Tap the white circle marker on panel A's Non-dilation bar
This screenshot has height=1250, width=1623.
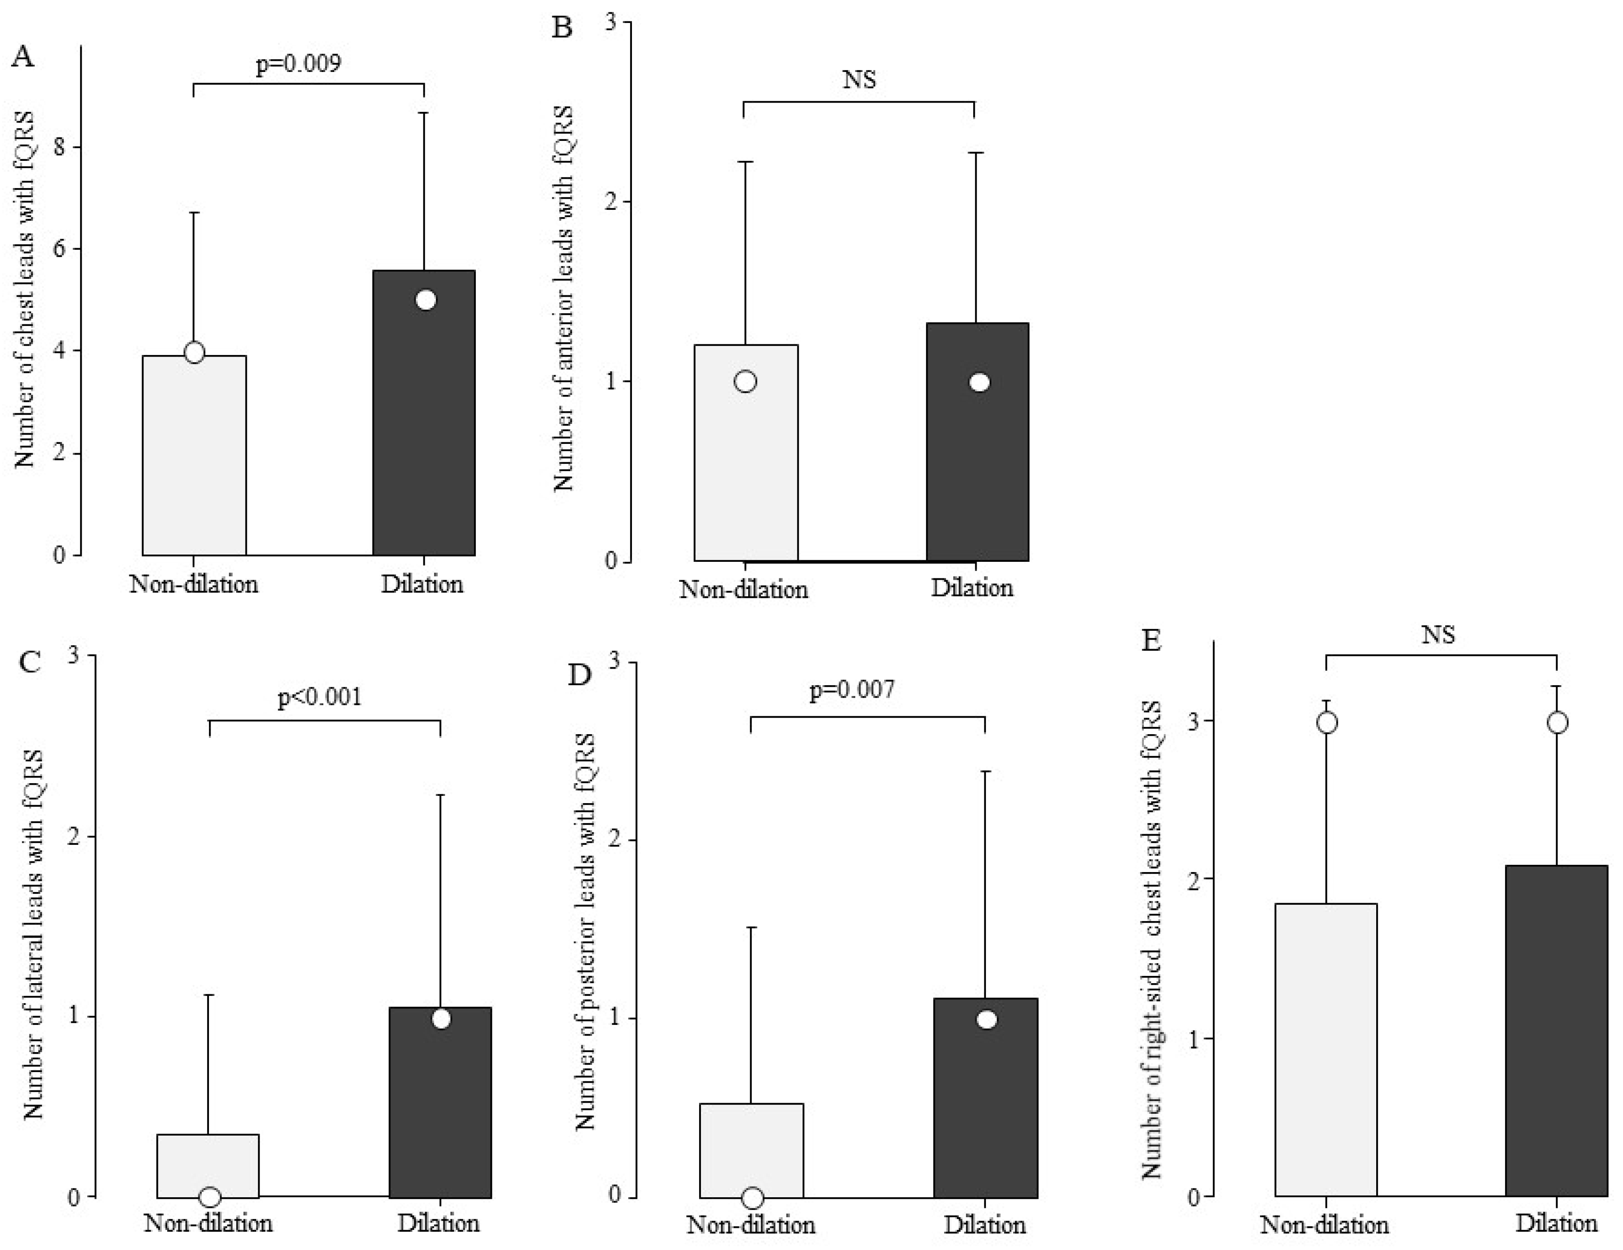click(194, 352)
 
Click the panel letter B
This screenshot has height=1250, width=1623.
click(563, 28)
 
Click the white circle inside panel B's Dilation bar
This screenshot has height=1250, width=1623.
click(980, 383)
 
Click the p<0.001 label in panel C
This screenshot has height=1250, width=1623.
click(320, 697)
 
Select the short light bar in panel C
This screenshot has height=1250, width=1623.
click(208, 1166)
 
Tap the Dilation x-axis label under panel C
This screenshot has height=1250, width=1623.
click(438, 1222)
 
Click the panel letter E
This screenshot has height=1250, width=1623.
click(1151, 641)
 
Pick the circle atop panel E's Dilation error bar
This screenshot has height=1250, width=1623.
click(1557, 722)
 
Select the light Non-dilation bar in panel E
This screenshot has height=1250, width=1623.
click(1326, 1055)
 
